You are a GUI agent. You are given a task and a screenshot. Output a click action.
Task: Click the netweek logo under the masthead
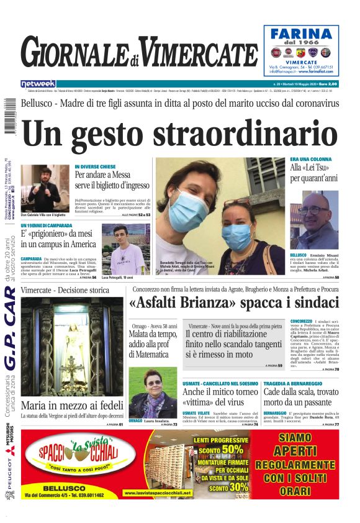38,83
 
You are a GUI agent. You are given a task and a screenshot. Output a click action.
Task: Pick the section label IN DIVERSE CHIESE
95,166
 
